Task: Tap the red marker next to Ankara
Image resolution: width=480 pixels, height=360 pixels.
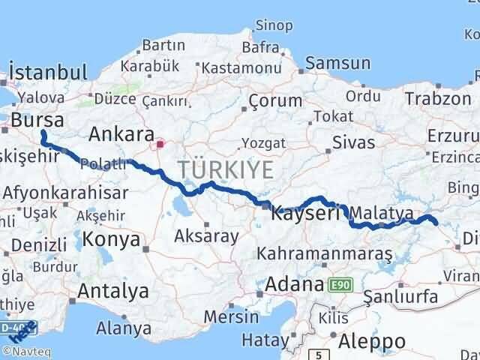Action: click(x=159, y=141)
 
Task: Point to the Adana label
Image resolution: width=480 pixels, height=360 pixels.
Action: click(x=295, y=285)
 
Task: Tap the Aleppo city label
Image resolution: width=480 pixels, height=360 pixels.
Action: click(x=371, y=341)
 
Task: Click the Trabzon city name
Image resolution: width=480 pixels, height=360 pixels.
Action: click(x=437, y=98)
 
